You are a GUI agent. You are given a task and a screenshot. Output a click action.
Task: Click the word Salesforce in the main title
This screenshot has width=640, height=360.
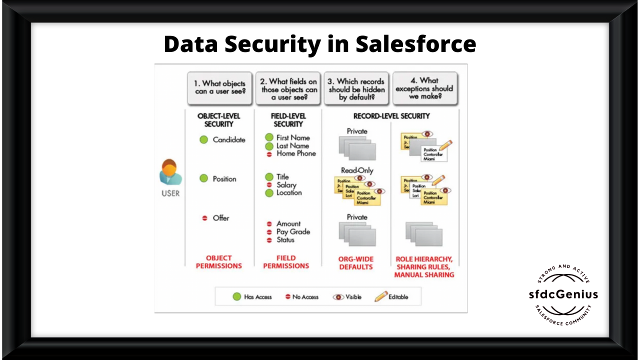pyautogui.click(x=415, y=44)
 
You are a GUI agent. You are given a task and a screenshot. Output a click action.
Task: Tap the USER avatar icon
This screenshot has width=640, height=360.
pyautogui.click(x=170, y=172)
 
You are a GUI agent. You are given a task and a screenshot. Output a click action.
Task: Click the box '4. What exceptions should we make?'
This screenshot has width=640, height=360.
pyautogui.click(x=424, y=88)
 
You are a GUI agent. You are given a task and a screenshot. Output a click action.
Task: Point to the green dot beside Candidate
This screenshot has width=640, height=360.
pyautogui.click(x=203, y=140)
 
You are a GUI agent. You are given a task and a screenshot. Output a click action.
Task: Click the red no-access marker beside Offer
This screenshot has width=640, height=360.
pyautogui.click(x=204, y=218)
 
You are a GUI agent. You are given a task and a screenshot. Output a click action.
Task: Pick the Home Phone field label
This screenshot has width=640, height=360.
pyautogui.click(x=296, y=153)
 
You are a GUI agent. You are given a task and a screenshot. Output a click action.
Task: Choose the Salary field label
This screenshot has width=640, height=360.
pyautogui.click(x=286, y=185)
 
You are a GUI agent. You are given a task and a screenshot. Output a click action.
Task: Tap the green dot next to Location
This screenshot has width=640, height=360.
pyautogui.click(x=269, y=192)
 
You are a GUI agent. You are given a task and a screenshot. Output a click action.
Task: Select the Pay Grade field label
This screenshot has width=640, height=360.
pyautogui.click(x=293, y=231)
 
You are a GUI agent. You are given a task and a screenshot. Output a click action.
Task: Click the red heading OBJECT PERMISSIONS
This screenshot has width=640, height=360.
pyautogui.click(x=218, y=262)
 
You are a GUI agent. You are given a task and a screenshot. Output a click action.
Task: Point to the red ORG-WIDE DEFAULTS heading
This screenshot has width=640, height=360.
pyautogui.click(x=356, y=263)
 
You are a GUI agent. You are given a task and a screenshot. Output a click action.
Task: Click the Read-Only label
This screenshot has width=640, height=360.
pyautogui.click(x=357, y=170)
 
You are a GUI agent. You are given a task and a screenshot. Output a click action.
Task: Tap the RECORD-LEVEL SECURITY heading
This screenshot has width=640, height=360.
pyautogui.click(x=391, y=116)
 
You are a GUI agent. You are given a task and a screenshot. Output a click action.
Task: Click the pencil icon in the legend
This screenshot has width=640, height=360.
pyautogui.click(x=381, y=296)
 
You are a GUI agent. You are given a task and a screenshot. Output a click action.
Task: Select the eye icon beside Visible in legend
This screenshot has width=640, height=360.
pyautogui.click(x=338, y=296)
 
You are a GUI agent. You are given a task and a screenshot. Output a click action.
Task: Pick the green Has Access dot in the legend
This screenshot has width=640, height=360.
pyautogui.click(x=237, y=296)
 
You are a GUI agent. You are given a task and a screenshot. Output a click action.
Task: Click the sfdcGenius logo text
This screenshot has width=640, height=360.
pyautogui.click(x=563, y=294)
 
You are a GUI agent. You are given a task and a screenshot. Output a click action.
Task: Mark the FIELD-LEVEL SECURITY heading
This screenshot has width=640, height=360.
pyautogui.click(x=288, y=120)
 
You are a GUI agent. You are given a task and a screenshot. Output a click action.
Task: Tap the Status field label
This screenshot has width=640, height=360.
pyautogui.click(x=285, y=239)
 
